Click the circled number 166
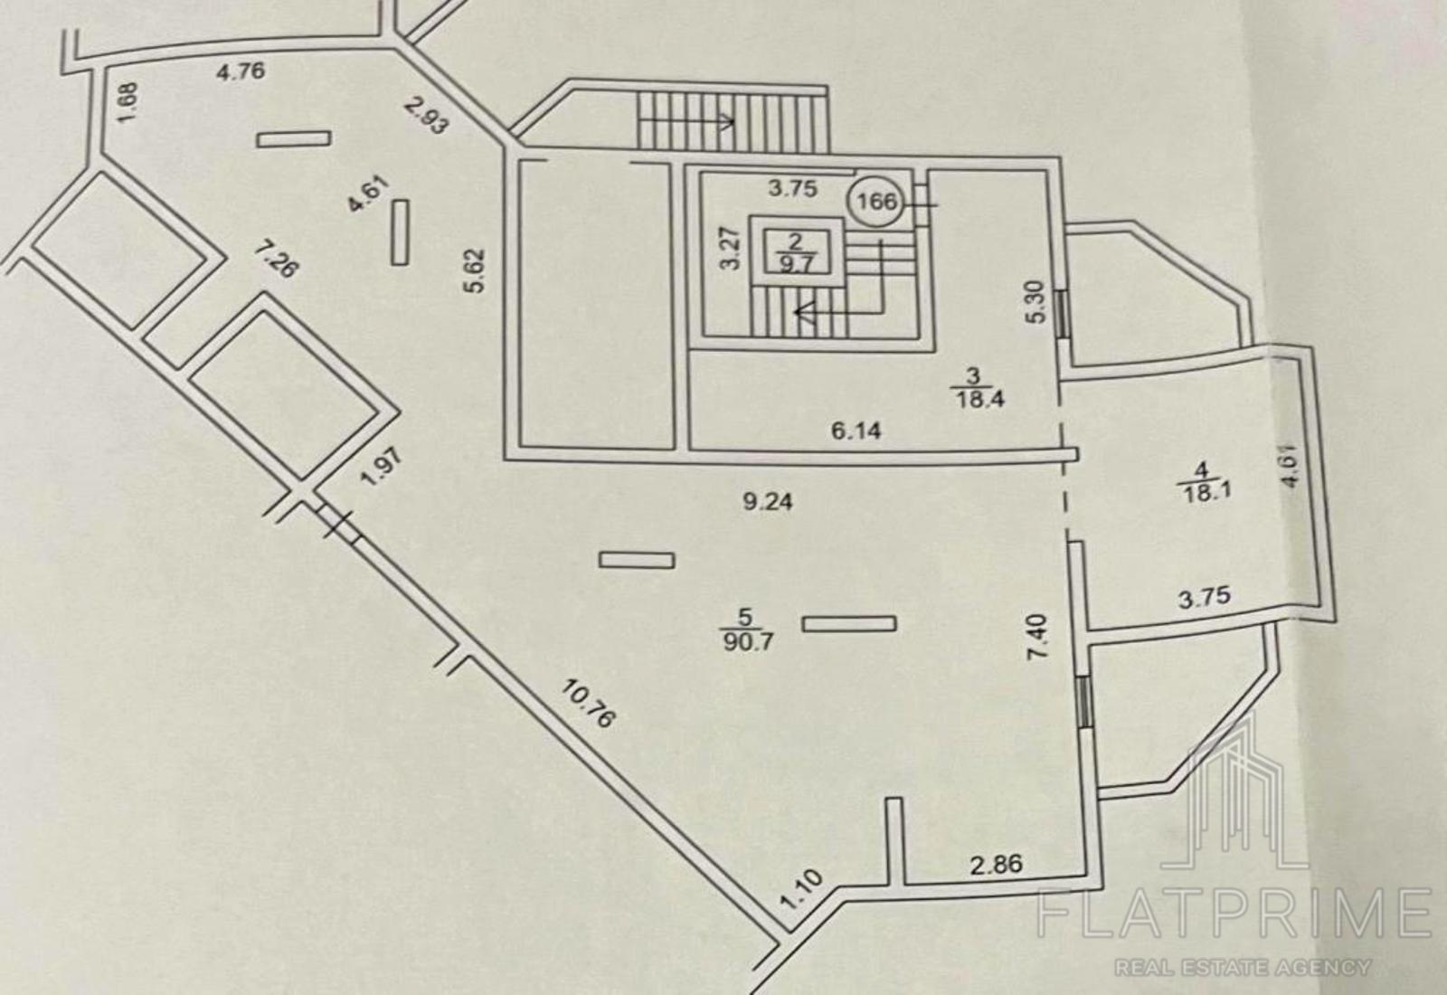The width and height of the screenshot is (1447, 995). tap(876, 203)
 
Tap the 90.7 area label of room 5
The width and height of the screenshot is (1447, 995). tap(748, 643)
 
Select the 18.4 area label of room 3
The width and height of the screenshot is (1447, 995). tap(979, 400)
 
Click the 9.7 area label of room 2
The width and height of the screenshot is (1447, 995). tap(796, 263)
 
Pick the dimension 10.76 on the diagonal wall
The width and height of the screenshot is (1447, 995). tap(589, 704)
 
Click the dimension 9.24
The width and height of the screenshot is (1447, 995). tap(768, 502)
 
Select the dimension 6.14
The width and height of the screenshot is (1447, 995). tap(856, 431)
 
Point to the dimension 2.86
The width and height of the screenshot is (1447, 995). tap(997, 865)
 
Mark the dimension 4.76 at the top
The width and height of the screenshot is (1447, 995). tap(241, 71)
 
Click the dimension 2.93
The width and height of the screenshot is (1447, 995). tap(426, 115)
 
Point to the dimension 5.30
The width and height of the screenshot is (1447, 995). tap(1036, 302)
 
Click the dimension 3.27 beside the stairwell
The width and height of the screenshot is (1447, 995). tap(731, 248)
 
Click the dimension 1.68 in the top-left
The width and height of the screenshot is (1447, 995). tap(128, 101)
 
